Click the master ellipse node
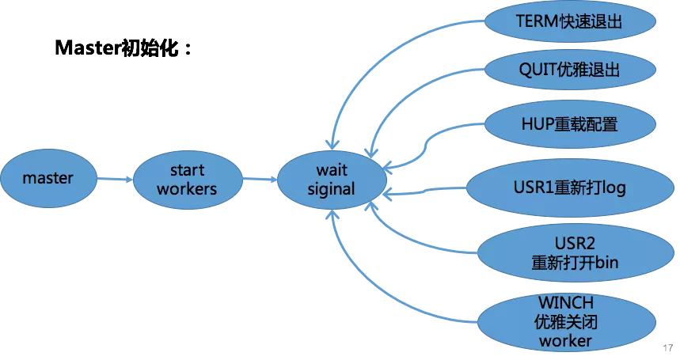click(x=47, y=178)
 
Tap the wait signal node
click(x=331, y=180)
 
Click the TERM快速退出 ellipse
click(x=569, y=21)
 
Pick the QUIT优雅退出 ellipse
click(x=569, y=70)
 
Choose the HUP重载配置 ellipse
click(x=569, y=124)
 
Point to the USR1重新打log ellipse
click(x=569, y=188)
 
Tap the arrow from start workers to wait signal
click(x=257, y=179)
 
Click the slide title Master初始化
click(x=123, y=48)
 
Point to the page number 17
click(x=667, y=348)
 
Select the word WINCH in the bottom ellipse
click(x=565, y=302)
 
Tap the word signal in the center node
click(x=331, y=190)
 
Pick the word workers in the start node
click(x=187, y=189)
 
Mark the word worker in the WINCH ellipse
click(x=565, y=341)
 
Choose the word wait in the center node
click(x=332, y=169)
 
